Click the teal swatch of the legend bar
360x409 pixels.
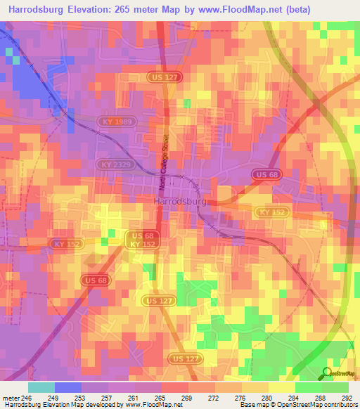41,387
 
